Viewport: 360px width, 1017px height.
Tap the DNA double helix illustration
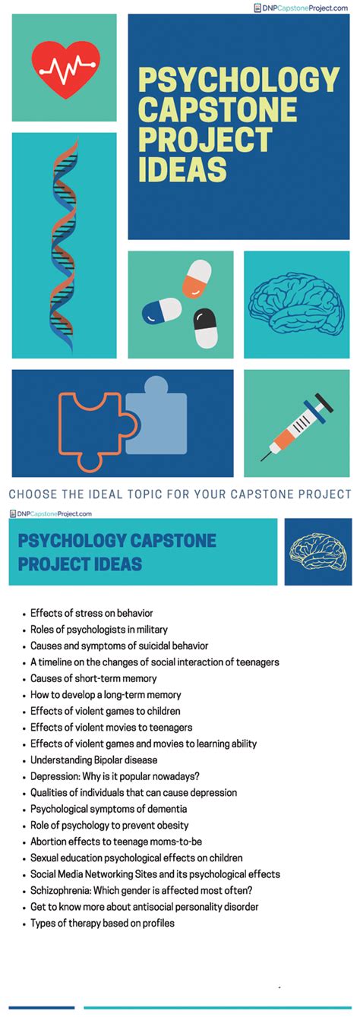point(64,245)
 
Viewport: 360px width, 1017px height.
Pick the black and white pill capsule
point(205,328)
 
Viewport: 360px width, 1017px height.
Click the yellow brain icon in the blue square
point(317,551)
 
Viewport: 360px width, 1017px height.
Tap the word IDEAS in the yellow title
point(182,169)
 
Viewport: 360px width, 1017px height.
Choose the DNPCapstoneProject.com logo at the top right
point(302,8)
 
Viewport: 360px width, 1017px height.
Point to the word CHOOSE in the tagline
point(33,494)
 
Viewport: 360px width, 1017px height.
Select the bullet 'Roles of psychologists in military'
point(99,630)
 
